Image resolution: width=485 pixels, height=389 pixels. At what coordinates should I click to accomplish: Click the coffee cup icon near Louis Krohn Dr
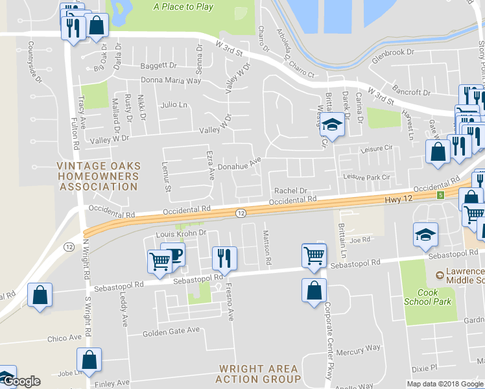174,253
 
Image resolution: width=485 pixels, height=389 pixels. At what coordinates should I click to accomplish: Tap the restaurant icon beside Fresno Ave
221,257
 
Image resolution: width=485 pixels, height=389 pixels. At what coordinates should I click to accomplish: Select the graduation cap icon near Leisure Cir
333,124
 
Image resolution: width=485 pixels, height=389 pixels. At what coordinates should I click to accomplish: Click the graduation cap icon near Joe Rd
426,234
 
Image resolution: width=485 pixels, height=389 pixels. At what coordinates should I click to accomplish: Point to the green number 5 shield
441,195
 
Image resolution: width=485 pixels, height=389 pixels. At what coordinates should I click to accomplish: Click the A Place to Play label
183,7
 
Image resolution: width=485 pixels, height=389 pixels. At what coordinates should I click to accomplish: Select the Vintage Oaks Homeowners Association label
98,176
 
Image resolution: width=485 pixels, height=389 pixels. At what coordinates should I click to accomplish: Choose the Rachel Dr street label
290,191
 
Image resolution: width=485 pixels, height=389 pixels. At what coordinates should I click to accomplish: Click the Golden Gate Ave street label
171,331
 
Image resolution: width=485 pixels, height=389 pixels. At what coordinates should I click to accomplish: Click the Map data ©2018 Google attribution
444,384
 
